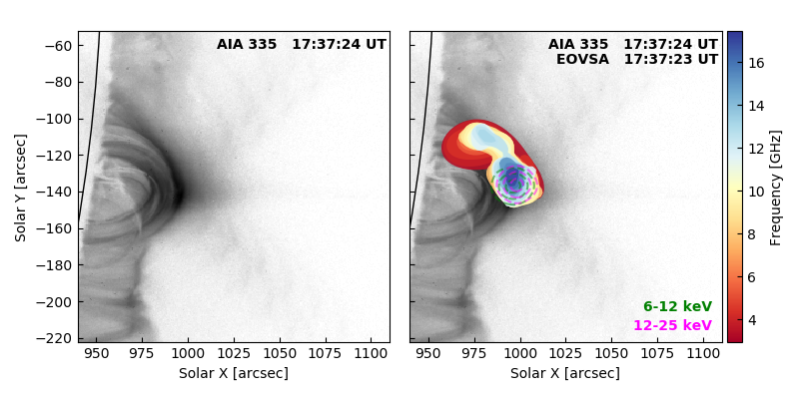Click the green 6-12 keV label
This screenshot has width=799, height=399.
pyautogui.click(x=678, y=306)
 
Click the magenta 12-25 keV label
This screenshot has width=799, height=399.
pyautogui.click(x=672, y=325)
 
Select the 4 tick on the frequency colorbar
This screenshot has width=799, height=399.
pyautogui.click(x=752, y=320)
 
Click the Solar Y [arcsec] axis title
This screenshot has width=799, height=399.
pyautogui.click(x=20, y=188)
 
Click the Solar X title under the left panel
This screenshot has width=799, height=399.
pyautogui.click(x=234, y=373)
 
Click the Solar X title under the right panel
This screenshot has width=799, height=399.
pyautogui.click(x=565, y=373)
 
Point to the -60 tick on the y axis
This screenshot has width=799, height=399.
pyautogui.click(x=59, y=46)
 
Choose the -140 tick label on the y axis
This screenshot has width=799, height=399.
pyautogui.click(x=56, y=193)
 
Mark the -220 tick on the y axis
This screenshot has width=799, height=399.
pyautogui.click(x=56, y=339)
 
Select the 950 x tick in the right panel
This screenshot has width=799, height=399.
pyautogui.click(x=428, y=353)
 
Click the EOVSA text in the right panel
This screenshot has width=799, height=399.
pyautogui.click(x=582, y=59)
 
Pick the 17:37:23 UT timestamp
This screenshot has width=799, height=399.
pyautogui.click(x=670, y=59)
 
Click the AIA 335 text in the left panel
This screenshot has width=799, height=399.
pyautogui.click(x=247, y=44)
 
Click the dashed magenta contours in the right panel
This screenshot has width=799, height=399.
pyautogui.click(x=516, y=182)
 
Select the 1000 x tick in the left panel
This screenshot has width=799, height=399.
pyautogui.click(x=188, y=353)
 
